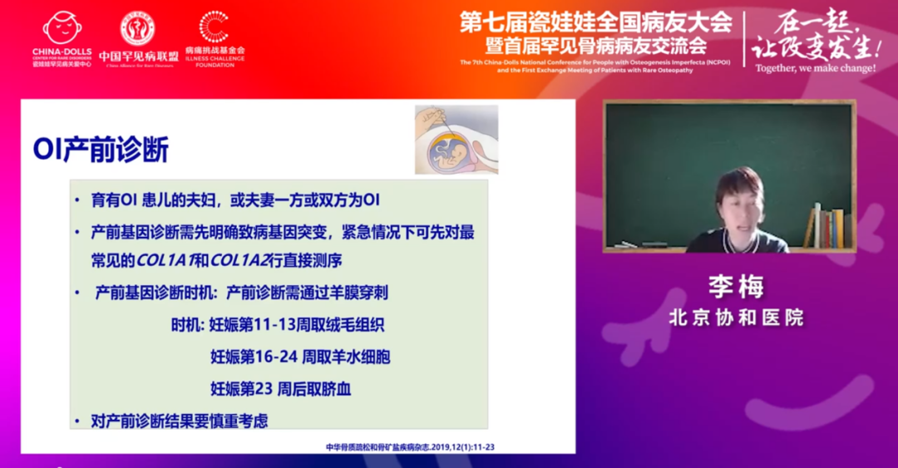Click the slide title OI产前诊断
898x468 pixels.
101,150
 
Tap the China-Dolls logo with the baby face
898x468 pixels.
62,28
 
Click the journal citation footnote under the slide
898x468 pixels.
410,447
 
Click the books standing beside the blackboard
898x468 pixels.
826,226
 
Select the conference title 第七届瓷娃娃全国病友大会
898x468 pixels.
595,21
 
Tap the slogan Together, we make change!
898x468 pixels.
815,68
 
